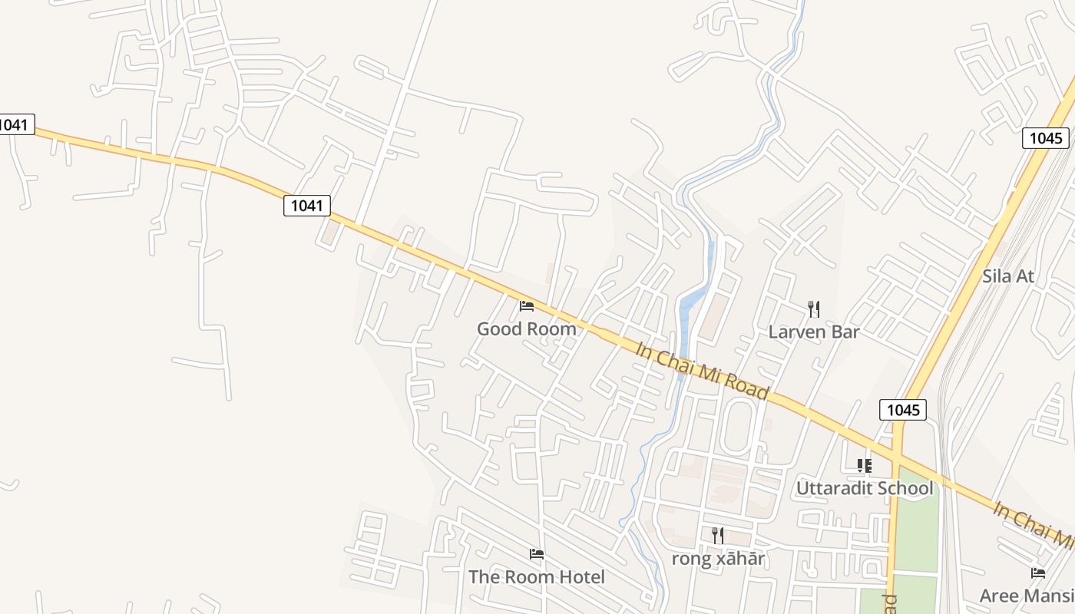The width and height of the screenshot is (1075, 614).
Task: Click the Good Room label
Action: (x=526, y=329)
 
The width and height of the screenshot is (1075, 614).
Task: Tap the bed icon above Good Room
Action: (x=527, y=306)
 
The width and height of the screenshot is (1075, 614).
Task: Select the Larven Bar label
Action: (x=814, y=332)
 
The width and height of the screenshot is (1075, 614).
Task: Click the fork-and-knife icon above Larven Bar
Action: (x=814, y=309)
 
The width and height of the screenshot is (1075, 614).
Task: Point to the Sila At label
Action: (x=1008, y=276)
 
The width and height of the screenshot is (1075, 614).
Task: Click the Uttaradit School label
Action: (x=865, y=488)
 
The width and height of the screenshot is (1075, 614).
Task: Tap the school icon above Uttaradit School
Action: (x=865, y=466)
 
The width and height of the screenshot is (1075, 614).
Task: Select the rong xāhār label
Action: (x=718, y=559)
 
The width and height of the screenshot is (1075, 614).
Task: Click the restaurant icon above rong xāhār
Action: (x=718, y=536)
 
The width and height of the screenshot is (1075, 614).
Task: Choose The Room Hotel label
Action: (x=537, y=577)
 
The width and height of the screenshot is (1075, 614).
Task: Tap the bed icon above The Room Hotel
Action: (x=537, y=554)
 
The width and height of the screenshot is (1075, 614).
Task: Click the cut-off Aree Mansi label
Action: (x=1026, y=596)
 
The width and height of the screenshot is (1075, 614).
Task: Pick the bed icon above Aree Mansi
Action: (x=1038, y=573)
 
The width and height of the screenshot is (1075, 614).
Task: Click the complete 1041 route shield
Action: (x=307, y=206)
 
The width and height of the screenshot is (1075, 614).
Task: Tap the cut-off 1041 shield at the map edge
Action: (x=16, y=124)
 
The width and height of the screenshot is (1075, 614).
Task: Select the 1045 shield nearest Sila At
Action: (x=1046, y=138)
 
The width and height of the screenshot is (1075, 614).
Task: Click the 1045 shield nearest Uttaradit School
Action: (x=903, y=410)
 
